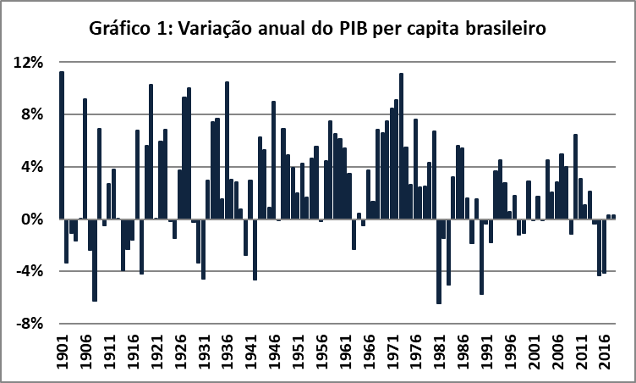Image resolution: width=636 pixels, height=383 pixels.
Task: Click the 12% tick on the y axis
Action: coord(29,63)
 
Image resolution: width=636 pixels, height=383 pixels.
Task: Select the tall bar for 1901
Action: coord(62,145)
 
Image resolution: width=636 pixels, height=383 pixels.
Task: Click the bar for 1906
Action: coord(85,158)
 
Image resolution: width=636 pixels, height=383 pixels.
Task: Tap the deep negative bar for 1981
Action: coord(438,261)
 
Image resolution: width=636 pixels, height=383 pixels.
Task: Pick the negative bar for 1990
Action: coord(480,257)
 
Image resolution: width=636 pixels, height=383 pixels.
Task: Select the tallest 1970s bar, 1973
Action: coord(401,146)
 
